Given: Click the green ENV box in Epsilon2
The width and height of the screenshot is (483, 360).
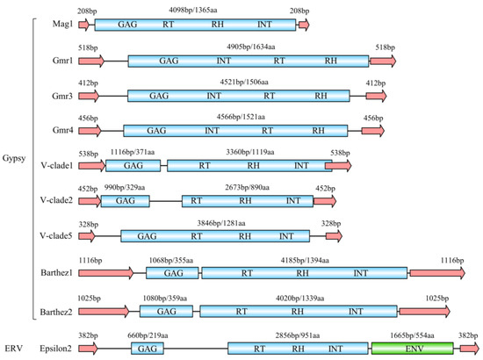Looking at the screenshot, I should pyautogui.click(x=412, y=349).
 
